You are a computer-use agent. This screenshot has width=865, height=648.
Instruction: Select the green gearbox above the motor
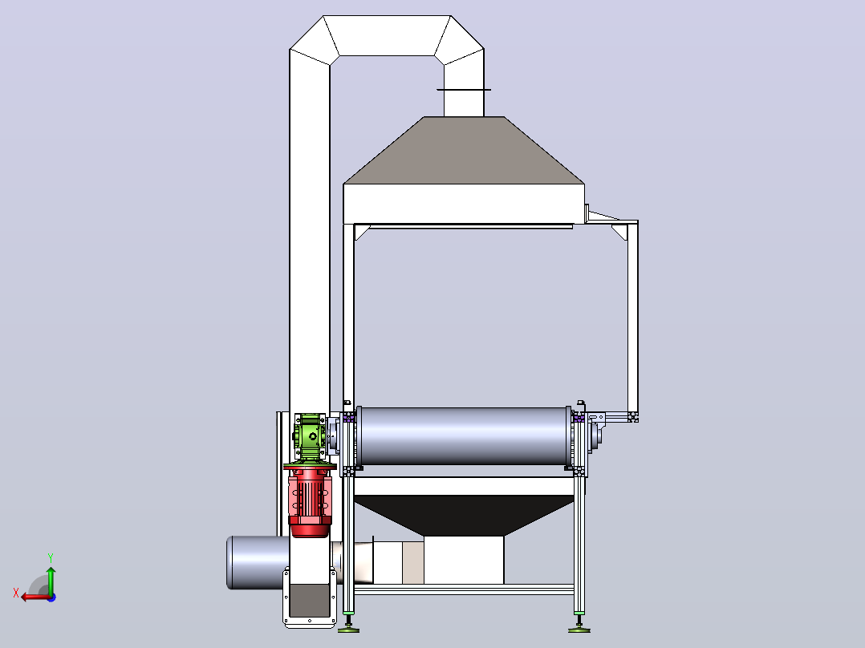coord(310,436)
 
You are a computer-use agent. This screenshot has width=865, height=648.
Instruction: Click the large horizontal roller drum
coord(464,436)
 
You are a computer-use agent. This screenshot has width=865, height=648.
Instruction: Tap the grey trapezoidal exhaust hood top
coord(464,150)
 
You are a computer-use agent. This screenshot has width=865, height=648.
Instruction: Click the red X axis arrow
coord(36,597)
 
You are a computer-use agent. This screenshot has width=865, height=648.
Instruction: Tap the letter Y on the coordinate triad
coord(51,558)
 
